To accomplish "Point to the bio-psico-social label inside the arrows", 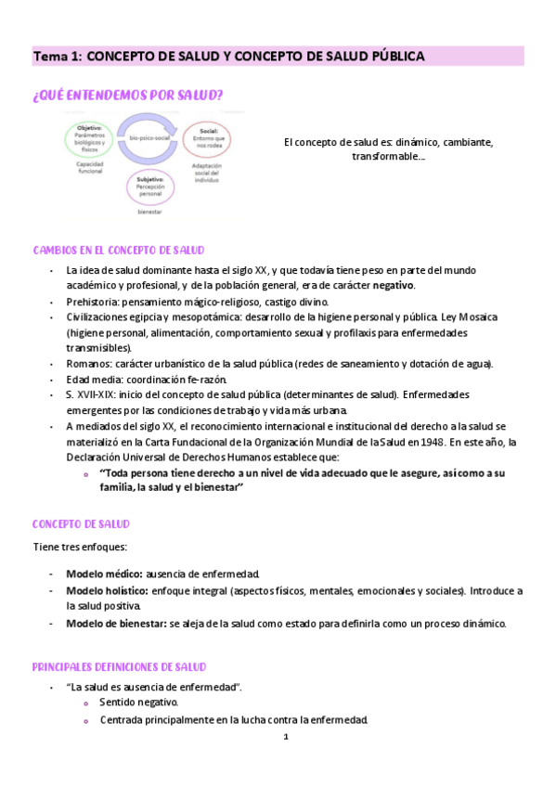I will tap(148, 138).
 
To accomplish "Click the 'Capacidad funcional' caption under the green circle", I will tap(90, 170).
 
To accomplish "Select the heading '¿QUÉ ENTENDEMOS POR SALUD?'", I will tap(127, 95).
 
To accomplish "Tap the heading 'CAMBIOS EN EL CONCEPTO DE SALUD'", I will tap(119, 251).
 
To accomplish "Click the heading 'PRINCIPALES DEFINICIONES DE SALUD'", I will tap(119, 667).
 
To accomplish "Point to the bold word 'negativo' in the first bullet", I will tap(394, 285).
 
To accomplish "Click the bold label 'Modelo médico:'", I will tap(104, 574).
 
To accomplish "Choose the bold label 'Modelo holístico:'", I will tap(107, 590).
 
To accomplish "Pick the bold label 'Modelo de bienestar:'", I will tap(116, 624).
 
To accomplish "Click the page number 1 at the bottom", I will tap(287, 737).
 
